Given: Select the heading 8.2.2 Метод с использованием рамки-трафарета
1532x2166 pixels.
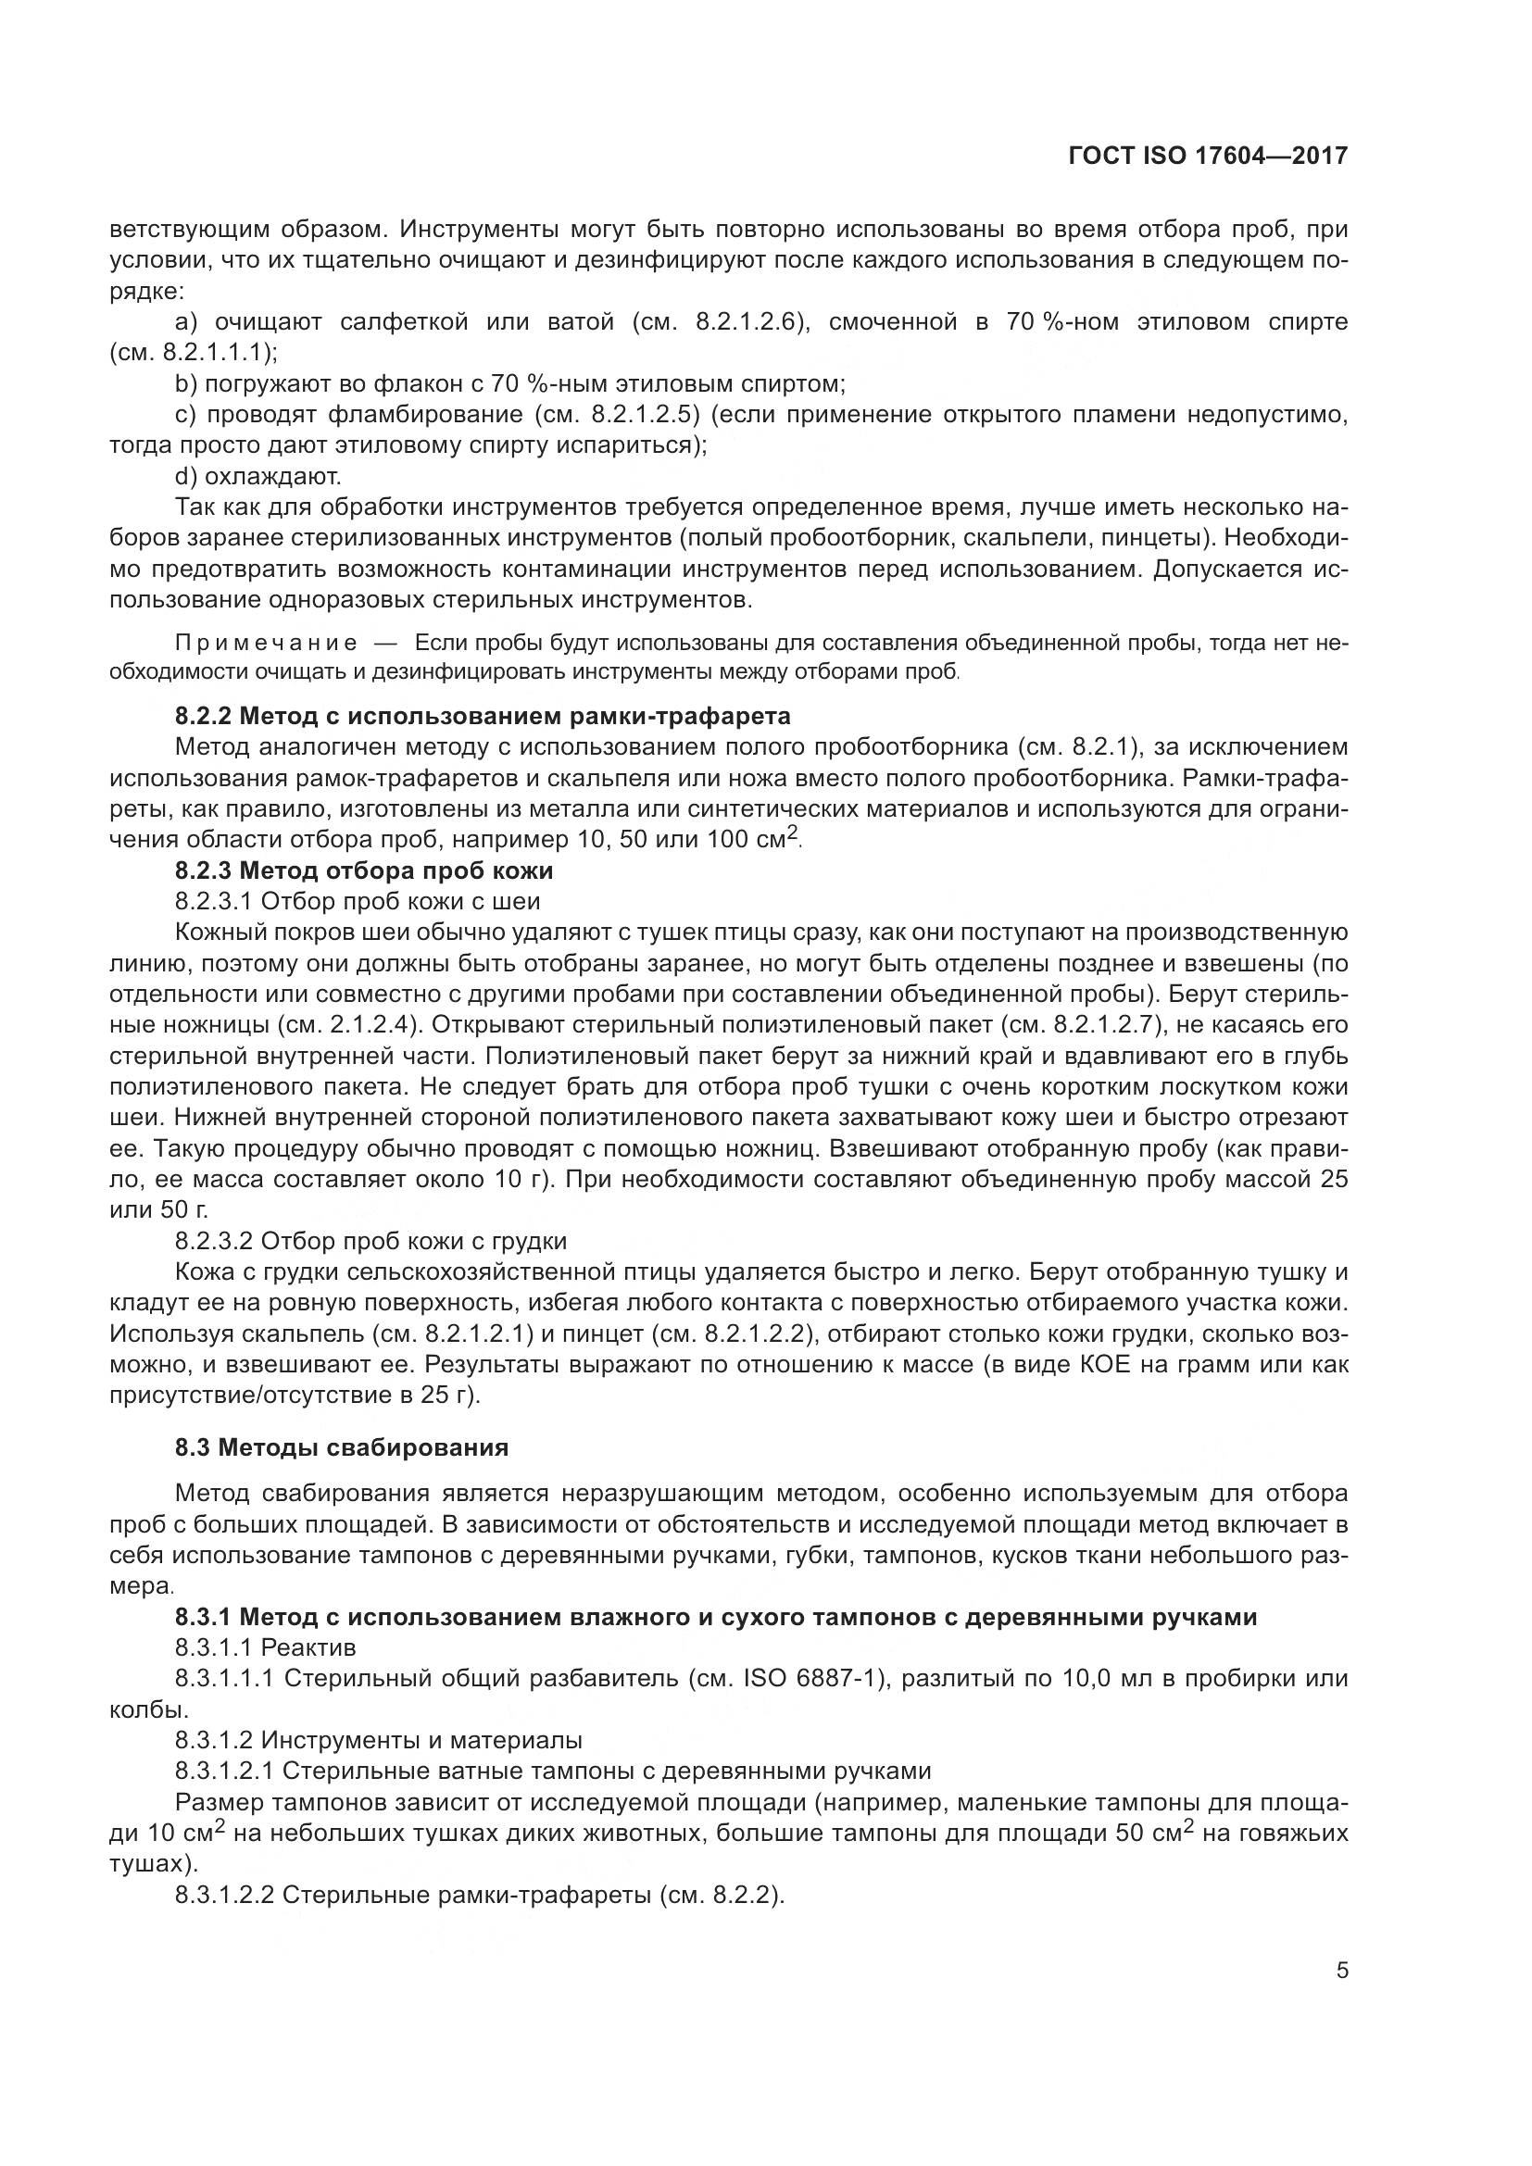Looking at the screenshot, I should [482, 716].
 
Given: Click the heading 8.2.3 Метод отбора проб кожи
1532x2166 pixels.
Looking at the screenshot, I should [364, 870].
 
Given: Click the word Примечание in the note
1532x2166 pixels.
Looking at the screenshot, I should [266, 644].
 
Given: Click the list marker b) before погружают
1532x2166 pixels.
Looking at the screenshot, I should [185, 384].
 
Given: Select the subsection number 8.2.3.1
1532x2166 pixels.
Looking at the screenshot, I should [213, 901].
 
